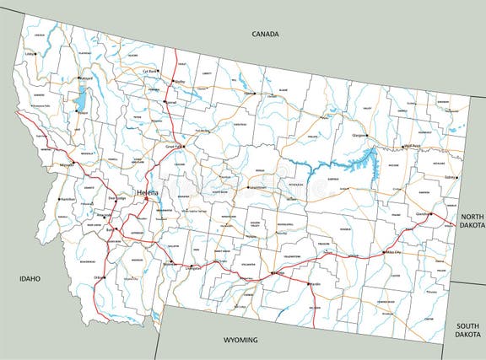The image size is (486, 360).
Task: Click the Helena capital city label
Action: pos(148,191)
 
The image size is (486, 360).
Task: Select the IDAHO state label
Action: pos(32,277)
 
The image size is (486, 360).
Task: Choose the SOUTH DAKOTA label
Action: pos(467,330)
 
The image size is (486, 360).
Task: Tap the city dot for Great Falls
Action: pos(190,146)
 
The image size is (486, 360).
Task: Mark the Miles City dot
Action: pos(384,251)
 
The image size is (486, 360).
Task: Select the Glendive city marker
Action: pos(430,214)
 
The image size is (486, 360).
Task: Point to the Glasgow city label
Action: pos(360,135)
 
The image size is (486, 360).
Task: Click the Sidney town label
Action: pos(451,177)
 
